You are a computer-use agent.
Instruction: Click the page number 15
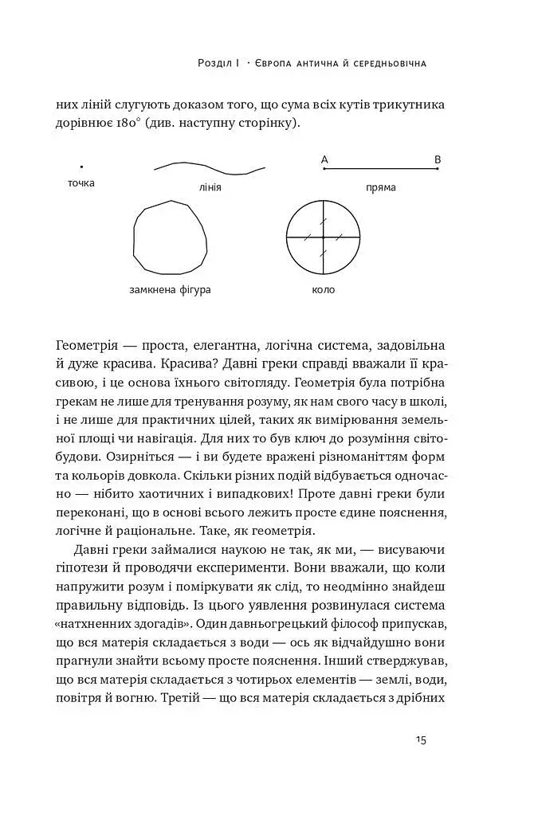point(421,739)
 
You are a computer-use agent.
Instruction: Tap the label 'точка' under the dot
point(81,183)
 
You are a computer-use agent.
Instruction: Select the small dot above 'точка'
point(81,167)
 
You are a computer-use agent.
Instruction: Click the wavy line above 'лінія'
point(209,167)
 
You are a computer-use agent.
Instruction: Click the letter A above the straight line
point(324,160)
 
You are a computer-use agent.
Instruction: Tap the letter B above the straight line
point(438,160)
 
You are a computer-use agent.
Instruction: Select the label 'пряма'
point(380,188)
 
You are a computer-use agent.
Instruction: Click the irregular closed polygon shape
point(170,237)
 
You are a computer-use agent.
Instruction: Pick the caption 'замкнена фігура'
point(170,289)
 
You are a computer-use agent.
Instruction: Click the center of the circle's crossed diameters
point(324,237)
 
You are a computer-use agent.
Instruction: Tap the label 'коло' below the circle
point(324,289)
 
